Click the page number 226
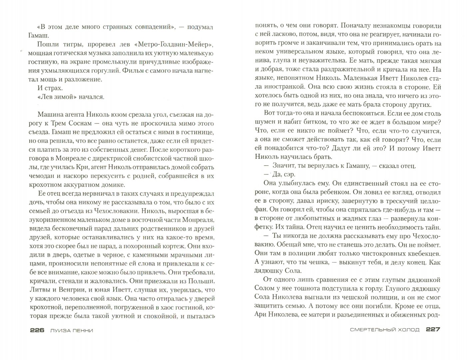[37, 330]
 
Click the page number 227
[433, 330]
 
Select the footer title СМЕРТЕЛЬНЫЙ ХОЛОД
[385, 330]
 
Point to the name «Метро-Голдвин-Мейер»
[174, 44]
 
